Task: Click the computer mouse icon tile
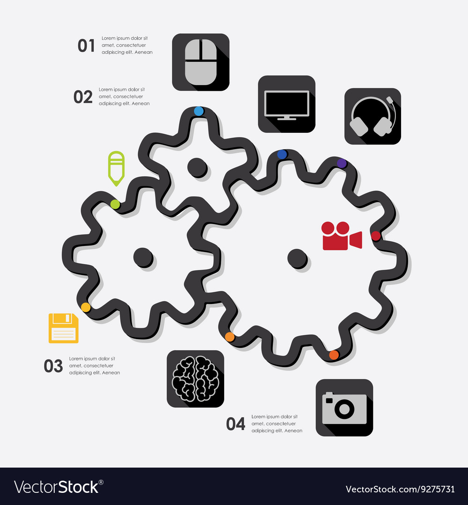pos(201,62)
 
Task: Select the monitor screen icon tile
pos(286,104)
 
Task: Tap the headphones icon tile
pos(373,116)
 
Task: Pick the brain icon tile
pos(195,379)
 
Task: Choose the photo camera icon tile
pos(344,408)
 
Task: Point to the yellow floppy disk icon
pos(64,328)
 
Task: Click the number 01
pos(86,46)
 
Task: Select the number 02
pos(83,97)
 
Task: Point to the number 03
pos(53,366)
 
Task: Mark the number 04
pos(235,424)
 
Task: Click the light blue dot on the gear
pos(199,111)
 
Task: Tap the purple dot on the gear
pos(342,163)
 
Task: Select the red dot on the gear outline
pos(375,236)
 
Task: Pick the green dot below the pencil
pos(115,204)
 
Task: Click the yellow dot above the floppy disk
pos(86,307)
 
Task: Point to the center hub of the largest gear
pos(297,258)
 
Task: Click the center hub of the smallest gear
pos(197,166)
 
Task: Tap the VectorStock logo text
pos(58,487)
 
